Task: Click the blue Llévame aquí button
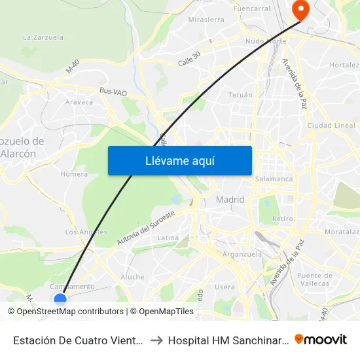180,160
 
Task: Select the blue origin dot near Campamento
60,299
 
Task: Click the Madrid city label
230,200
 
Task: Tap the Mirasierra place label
206,20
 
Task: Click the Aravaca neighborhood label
79,102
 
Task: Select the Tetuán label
240,95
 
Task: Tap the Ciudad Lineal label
331,125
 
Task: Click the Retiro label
283,219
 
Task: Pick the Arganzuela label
242,254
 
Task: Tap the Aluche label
132,277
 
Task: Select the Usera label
225,287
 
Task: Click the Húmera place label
73,174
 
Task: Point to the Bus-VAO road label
113,93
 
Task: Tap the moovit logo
321,339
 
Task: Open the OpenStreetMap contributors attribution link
70,312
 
